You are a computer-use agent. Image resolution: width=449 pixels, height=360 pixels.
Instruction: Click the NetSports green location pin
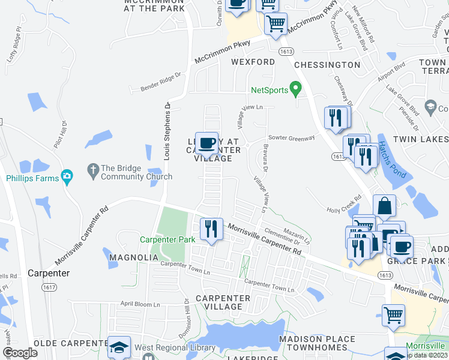(x=295, y=89)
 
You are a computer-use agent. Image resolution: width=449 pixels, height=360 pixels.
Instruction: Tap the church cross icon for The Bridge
(x=92, y=172)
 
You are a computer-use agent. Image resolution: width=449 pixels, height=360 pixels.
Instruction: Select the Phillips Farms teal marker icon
(x=68, y=178)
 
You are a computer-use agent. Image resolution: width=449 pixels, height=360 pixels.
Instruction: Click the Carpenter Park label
(x=167, y=239)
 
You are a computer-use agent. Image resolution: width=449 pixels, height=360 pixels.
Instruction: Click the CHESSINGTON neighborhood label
(x=328, y=65)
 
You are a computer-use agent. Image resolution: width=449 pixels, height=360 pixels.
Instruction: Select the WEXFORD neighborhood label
(x=253, y=62)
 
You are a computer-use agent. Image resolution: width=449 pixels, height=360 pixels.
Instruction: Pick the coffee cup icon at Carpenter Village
(x=207, y=143)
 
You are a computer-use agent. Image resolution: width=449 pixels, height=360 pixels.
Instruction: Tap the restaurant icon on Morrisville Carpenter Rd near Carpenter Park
(x=210, y=229)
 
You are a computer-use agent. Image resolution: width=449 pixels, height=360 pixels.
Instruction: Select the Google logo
(x=20, y=353)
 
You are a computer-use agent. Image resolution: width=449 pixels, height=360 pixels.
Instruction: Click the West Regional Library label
(x=175, y=348)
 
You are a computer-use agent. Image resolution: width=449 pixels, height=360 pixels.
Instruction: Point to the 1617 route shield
(x=50, y=288)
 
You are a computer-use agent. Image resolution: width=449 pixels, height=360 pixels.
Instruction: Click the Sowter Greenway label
(x=291, y=138)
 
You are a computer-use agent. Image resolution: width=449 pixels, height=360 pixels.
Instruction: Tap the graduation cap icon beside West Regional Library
(x=119, y=347)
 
